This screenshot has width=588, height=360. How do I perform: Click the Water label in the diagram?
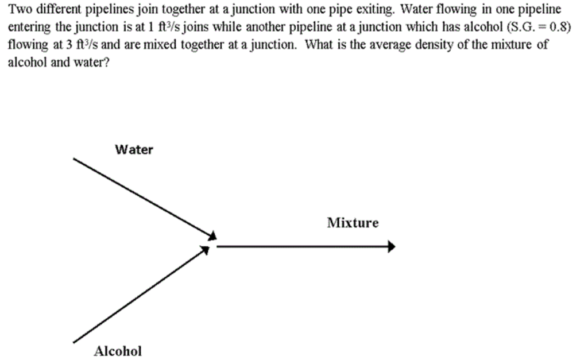pyautogui.click(x=134, y=150)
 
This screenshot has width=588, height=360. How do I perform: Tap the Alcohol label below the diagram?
pyautogui.click(x=118, y=351)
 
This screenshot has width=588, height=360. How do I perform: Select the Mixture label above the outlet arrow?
pyautogui.click(x=353, y=223)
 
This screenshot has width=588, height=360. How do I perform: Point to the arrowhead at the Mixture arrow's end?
pyautogui.click(x=392, y=247)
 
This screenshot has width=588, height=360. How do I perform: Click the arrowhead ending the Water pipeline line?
pyautogui.click(x=212, y=235)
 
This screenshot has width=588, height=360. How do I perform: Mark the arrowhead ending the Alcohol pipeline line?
pyautogui.click(x=206, y=250)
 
